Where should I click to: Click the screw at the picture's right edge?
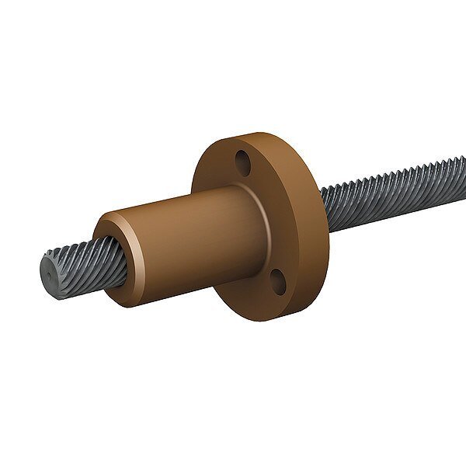460,166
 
